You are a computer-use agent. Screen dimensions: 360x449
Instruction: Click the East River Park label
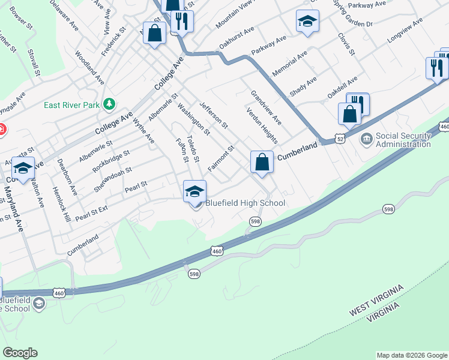tap(71, 105)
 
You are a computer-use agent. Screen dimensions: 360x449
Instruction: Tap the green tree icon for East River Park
tap(109, 104)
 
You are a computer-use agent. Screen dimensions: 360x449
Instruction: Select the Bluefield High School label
tap(246, 203)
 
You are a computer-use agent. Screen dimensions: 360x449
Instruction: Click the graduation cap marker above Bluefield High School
tap(194, 192)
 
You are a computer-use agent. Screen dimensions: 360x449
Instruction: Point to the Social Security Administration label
tap(403, 140)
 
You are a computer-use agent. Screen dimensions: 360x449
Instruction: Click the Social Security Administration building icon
tap(366, 140)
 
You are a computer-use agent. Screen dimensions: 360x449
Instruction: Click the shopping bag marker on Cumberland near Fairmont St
tap(262, 162)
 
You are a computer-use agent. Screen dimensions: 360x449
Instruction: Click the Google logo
tap(20, 353)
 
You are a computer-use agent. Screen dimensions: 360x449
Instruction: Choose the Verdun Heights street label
tap(262, 126)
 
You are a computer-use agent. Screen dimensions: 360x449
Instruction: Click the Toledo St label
tap(193, 148)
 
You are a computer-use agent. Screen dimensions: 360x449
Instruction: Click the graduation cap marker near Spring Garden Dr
tap(307, 23)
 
